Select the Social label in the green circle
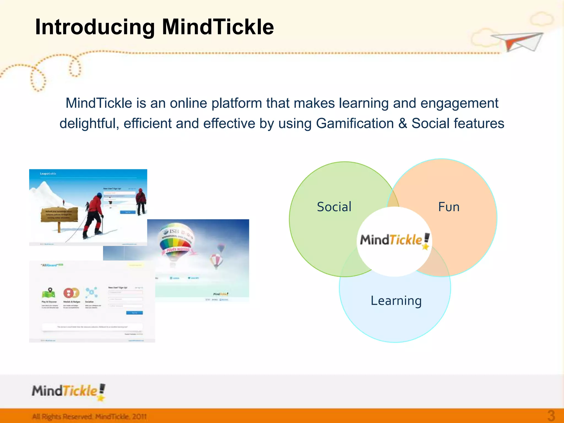pos(334,207)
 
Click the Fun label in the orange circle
pos(449,207)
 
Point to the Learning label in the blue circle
pos(396,301)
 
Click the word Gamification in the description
pos(355,123)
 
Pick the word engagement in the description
pos(459,103)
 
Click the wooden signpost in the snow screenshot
pos(59,216)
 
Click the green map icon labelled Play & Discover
pos(48,293)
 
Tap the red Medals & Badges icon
pos(71,293)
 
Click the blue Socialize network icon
pos(91,292)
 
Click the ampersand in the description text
pos(403,123)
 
